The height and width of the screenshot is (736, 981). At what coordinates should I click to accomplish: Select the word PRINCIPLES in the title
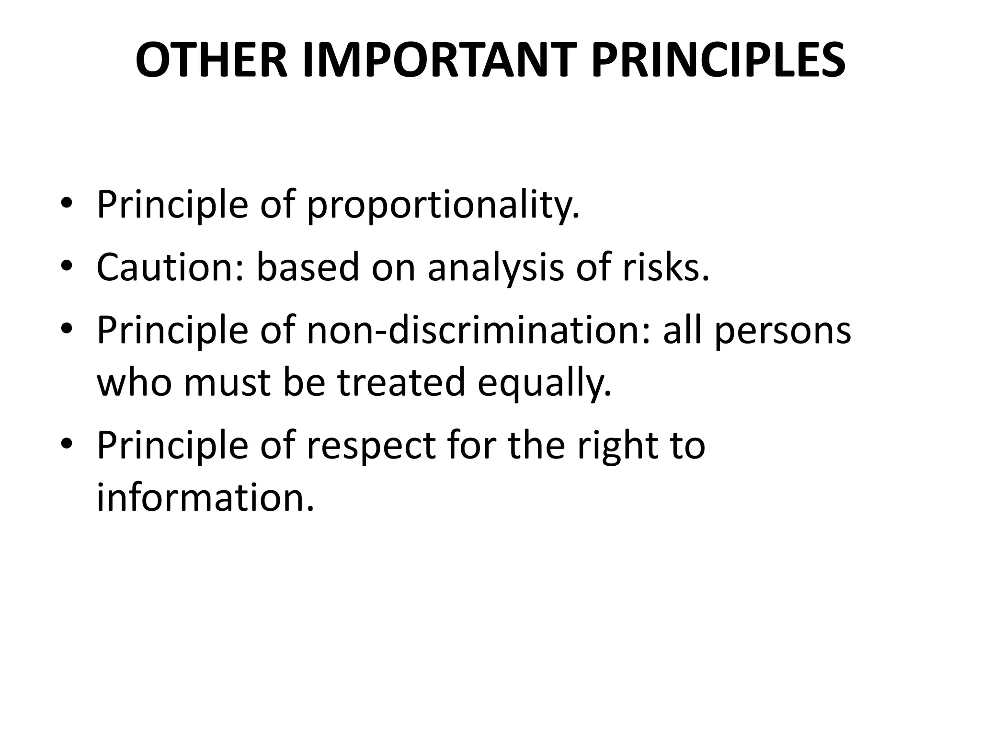coord(718,61)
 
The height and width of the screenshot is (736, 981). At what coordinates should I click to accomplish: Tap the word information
coord(205,498)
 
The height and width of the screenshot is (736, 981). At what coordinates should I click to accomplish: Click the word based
coord(308,267)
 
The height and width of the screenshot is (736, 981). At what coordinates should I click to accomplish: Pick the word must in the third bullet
coord(227,383)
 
